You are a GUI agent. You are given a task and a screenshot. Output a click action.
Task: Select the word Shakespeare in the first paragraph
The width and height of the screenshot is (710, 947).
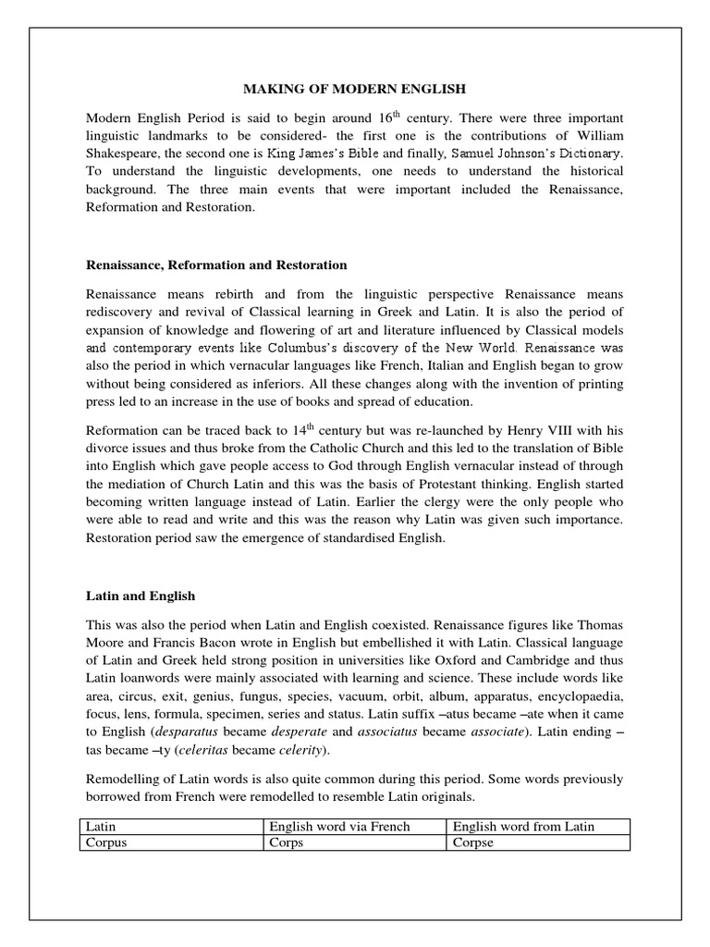(121, 154)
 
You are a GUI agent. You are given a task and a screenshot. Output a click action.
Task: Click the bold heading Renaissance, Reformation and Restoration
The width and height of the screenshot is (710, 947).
(216, 264)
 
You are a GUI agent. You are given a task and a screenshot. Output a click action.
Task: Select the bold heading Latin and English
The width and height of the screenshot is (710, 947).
(141, 596)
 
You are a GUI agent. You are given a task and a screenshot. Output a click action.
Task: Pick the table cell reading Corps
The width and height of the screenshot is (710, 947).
(355, 843)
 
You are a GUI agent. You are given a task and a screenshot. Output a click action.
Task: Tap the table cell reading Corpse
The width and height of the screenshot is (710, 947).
(537, 843)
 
